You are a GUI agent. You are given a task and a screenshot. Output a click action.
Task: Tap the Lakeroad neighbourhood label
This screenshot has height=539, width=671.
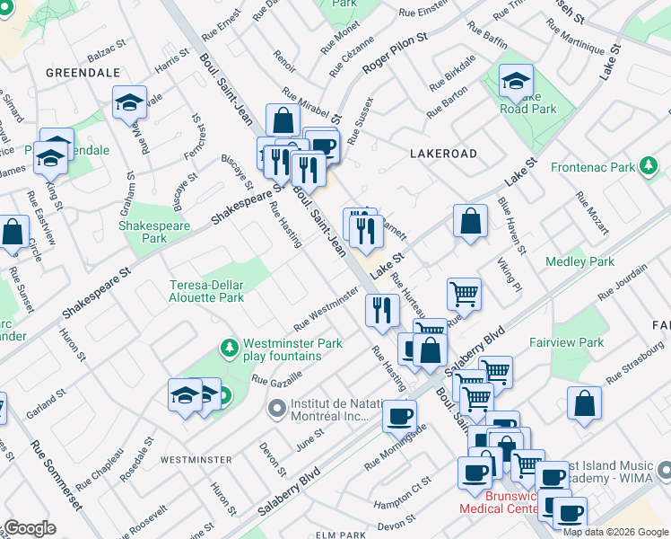pos(443,154)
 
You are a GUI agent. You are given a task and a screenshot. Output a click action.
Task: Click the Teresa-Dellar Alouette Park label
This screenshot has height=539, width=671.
pos(207,291)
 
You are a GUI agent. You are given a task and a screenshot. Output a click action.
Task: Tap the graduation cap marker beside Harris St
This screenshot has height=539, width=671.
pos(130,102)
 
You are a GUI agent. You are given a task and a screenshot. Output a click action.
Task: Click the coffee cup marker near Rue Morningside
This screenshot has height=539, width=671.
pos(399,414)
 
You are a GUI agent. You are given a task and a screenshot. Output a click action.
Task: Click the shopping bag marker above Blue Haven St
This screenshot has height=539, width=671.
pos(470,220)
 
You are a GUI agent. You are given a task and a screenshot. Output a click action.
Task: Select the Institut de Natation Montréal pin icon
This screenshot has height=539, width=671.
pos(276,409)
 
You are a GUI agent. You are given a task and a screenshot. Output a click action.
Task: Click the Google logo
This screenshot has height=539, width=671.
pos(29,528)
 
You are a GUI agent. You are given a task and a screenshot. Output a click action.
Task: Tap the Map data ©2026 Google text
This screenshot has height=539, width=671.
pos(615,531)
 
